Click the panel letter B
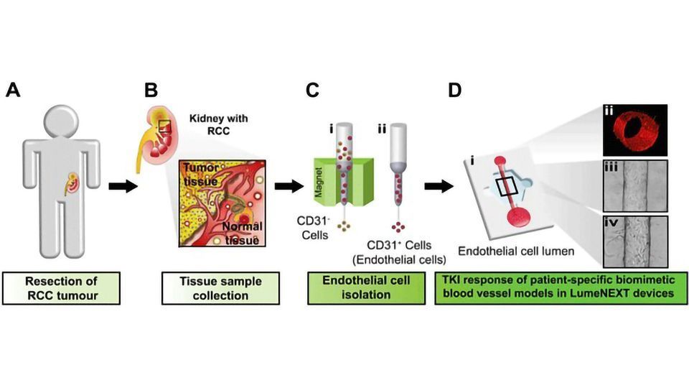[151, 91]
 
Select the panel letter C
[311, 91]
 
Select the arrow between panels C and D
[438, 187]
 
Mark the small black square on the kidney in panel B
[164, 127]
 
